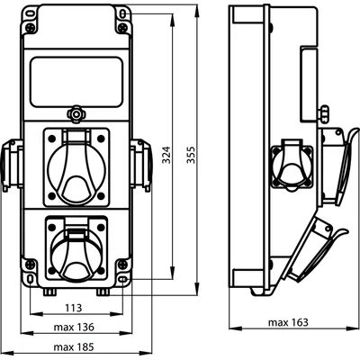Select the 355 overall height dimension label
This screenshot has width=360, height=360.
(190, 155)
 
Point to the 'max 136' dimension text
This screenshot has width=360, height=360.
(76, 327)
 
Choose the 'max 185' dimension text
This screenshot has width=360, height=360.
(76, 346)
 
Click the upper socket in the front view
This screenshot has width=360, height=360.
(76, 165)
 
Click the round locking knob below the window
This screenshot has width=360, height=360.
(76, 115)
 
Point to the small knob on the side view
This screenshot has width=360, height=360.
(322, 113)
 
